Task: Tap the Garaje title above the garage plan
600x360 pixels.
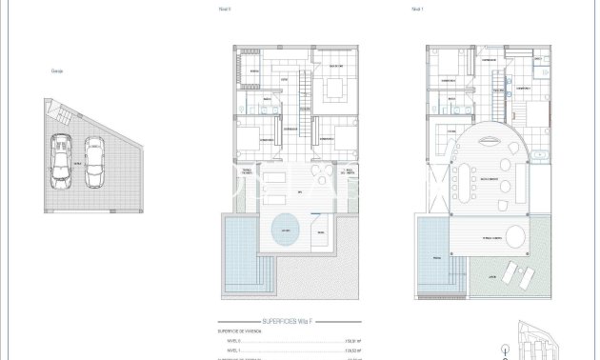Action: pyautogui.click(x=58, y=70)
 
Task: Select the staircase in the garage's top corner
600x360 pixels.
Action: pyautogui.click(x=58, y=114)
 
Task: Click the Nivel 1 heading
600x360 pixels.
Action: pyautogui.click(x=390, y=9)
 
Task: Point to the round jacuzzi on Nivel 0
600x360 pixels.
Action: pyautogui.click(x=286, y=229)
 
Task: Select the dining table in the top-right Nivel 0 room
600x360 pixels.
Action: pyautogui.click(x=334, y=89)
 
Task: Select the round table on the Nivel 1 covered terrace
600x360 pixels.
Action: pyautogui.click(x=515, y=236)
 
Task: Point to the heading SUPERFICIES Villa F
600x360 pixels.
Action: pyautogui.click(x=286, y=323)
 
